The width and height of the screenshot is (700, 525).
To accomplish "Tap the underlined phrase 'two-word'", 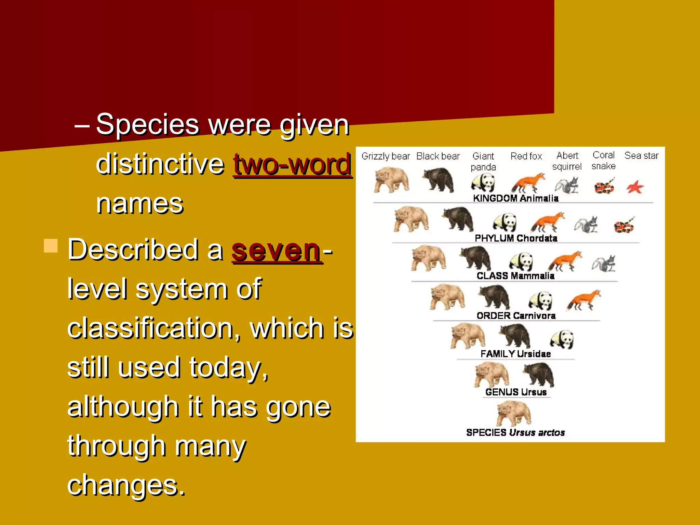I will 292,164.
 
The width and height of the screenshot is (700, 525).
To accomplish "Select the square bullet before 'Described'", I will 51,246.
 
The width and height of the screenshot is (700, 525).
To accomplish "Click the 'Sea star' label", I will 641,156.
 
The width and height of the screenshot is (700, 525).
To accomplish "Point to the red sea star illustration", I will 635,187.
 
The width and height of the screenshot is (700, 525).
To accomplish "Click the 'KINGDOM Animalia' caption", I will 515,198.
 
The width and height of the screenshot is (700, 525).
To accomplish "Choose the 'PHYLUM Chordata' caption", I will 516,238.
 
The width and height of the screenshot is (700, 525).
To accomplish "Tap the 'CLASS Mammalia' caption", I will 515,276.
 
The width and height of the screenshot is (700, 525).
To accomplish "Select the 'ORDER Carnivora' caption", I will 516,316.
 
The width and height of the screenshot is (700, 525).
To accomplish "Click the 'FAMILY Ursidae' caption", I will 515,354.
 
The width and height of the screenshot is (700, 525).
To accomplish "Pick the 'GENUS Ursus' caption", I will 516,392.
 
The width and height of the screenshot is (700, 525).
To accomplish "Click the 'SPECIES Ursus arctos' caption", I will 515,433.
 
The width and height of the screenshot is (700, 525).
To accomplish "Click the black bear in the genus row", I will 539,374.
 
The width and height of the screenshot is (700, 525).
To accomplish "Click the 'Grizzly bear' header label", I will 386,156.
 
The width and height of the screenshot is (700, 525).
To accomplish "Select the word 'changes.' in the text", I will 126,485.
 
